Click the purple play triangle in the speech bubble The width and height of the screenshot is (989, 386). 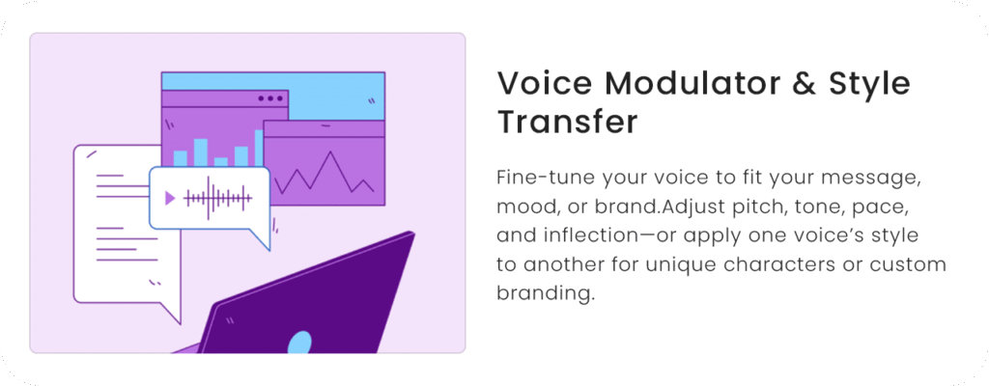[x=169, y=199]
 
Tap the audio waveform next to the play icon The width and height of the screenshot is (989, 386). [x=217, y=199]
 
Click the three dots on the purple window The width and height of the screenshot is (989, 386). [x=270, y=98]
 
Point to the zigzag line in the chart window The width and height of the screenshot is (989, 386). [x=325, y=173]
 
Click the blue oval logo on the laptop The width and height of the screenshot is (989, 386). [x=299, y=344]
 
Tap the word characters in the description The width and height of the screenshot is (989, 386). [x=777, y=265]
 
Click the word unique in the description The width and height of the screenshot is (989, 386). [x=681, y=266]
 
